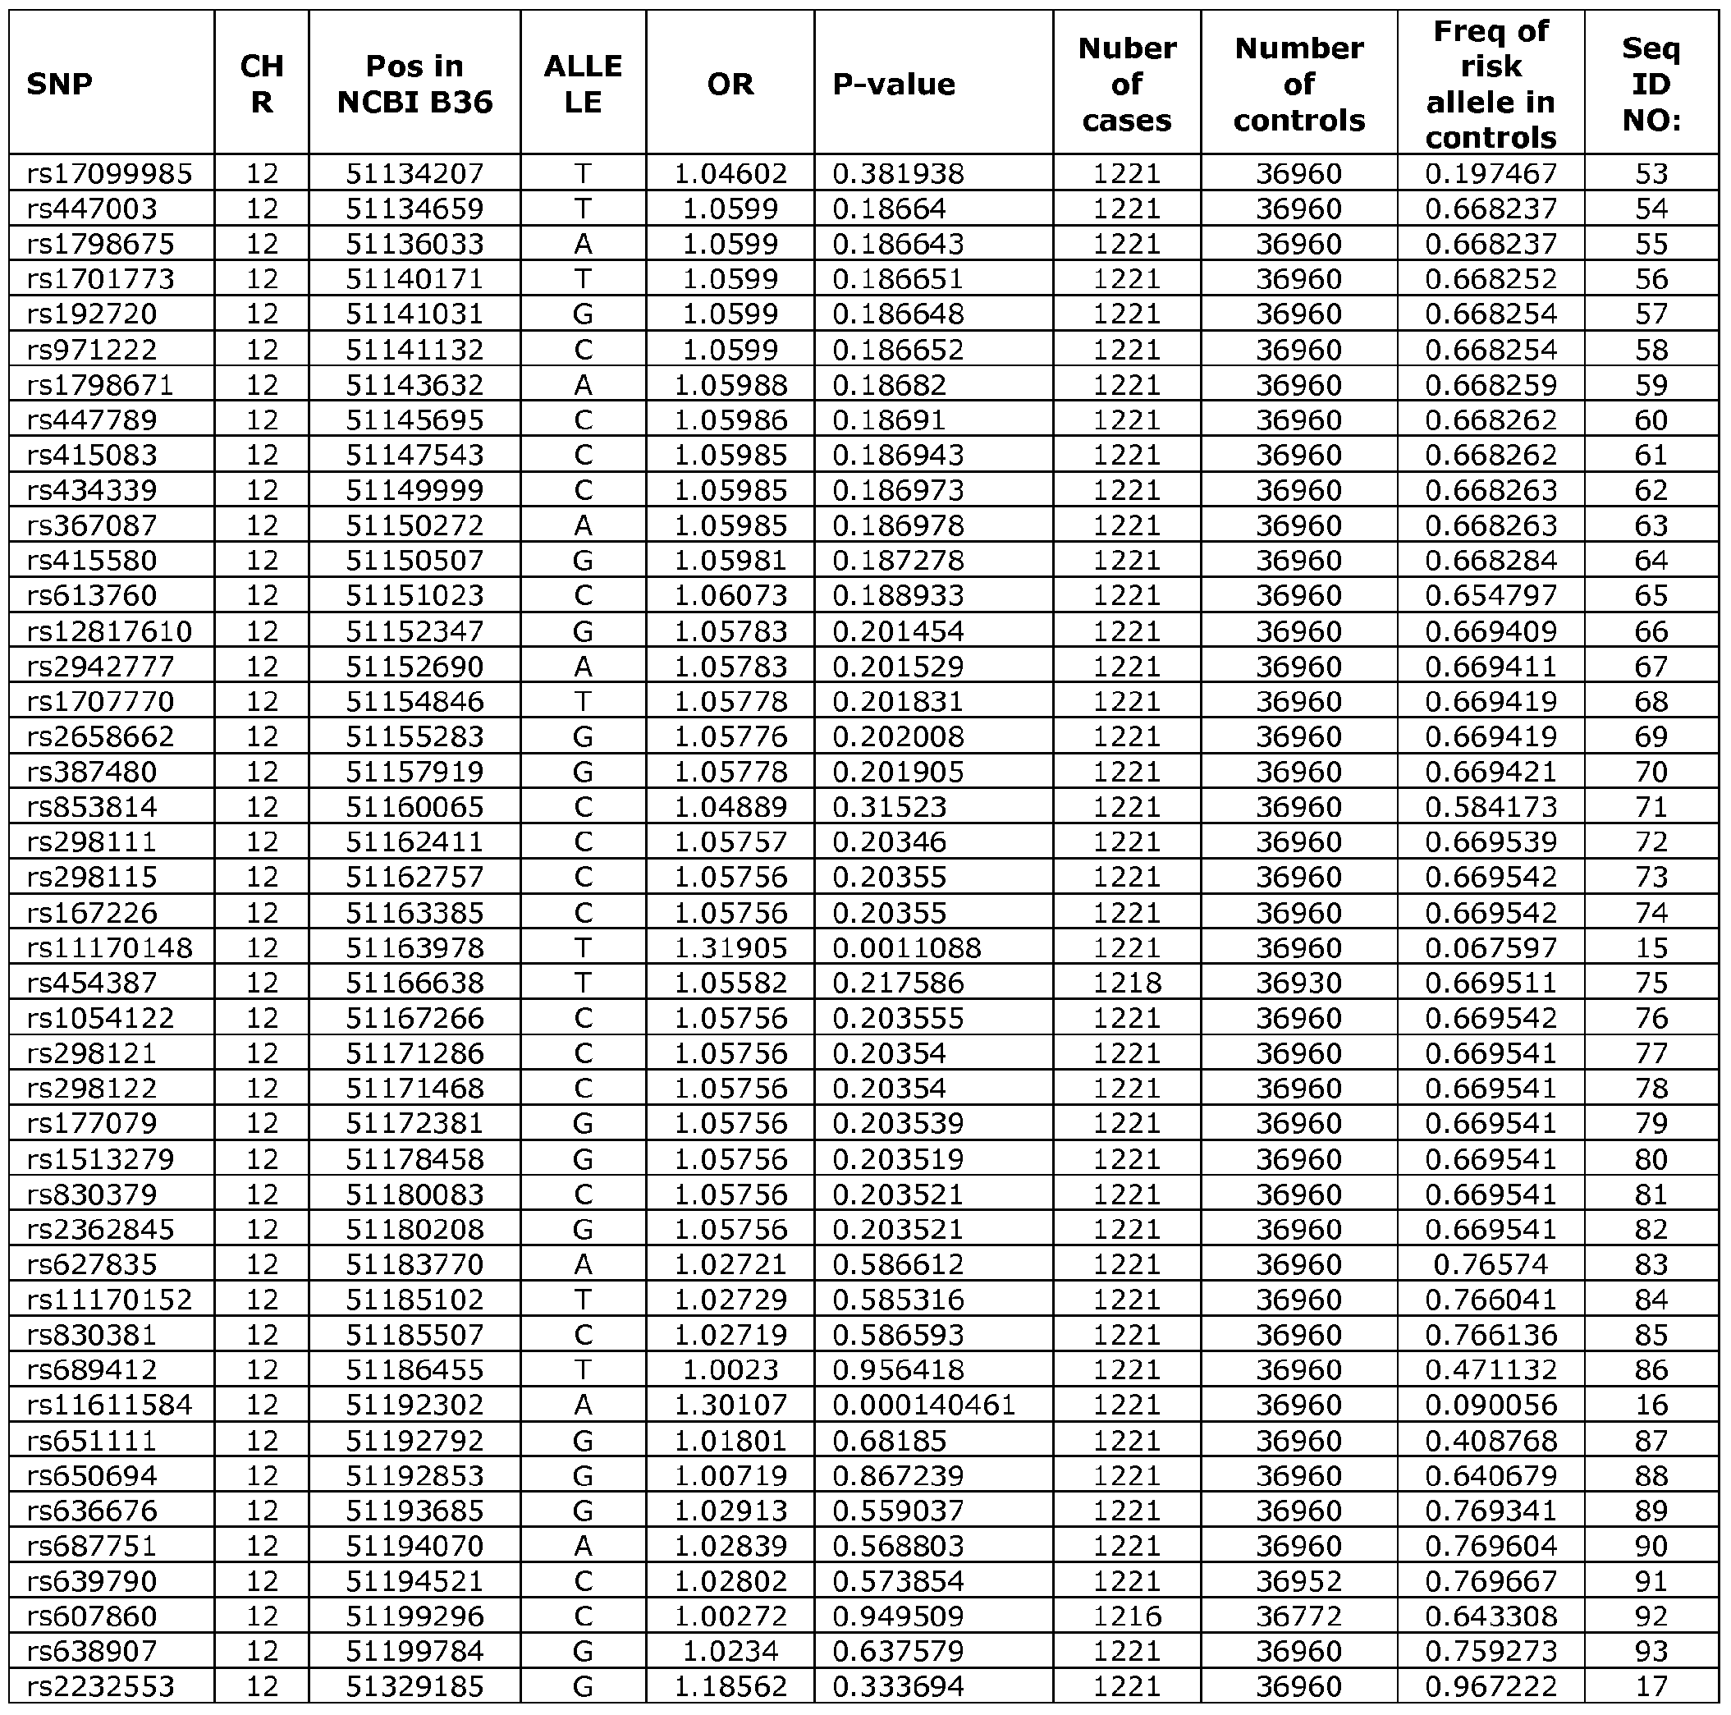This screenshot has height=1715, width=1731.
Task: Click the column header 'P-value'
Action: pyautogui.click(x=893, y=85)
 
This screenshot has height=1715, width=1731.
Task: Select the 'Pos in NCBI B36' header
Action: pyautogui.click(x=414, y=85)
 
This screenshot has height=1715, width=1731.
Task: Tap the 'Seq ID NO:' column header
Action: pyautogui.click(x=1651, y=85)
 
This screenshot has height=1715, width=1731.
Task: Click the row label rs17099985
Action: pyautogui.click(x=109, y=173)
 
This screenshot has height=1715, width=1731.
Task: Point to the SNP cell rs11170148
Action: pyautogui.click(x=109, y=947)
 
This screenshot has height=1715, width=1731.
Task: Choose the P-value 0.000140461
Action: pyautogui.click(x=923, y=1404)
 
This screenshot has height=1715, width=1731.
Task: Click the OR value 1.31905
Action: pyautogui.click(x=730, y=947)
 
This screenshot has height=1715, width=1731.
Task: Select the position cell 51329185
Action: pyautogui.click(x=414, y=1685)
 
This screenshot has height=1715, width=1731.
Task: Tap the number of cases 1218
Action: pyautogui.click(x=1126, y=983)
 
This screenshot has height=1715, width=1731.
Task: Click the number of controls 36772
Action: pyautogui.click(x=1298, y=1616)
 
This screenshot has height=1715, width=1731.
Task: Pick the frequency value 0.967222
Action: pyautogui.click(x=1491, y=1685)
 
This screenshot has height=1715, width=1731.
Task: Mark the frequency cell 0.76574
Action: pyautogui.click(x=1491, y=1264)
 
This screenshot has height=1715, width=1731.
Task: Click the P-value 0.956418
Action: pyautogui.click(x=898, y=1369)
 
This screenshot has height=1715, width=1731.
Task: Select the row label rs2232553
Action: pyautogui.click(x=100, y=1685)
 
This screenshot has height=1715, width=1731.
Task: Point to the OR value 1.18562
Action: pyautogui.click(x=730, y=1685)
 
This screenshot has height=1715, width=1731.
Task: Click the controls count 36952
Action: pyautogui.click(x=1298, y=1580)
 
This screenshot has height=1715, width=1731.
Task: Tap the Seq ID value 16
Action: pyautogui.click(x=1651, y=1404)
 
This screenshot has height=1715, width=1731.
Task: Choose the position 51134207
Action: pyautogui.click(x=414, y=173)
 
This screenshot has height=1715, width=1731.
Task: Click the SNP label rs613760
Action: pyautogui.click(x=91, y=595)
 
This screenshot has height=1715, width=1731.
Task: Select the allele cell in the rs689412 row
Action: pyautogui.click(x=583, y=1369)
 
